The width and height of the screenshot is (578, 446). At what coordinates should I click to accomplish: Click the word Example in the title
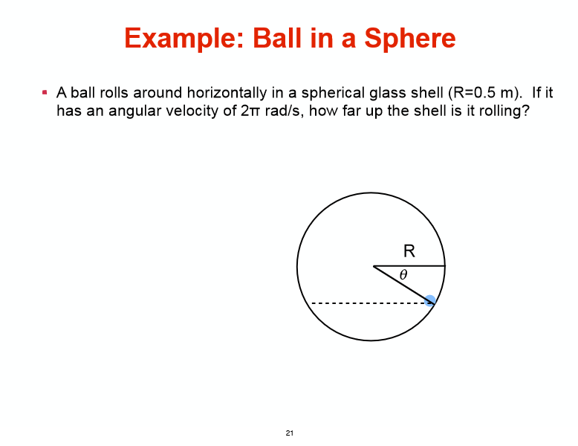(178, 38)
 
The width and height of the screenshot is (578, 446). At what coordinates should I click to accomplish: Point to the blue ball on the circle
(429, 300)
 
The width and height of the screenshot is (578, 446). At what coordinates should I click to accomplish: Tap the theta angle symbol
(403, 275)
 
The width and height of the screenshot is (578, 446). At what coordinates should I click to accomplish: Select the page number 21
(289, 433)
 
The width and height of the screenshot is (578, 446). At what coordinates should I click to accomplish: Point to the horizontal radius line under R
(409, 265)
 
